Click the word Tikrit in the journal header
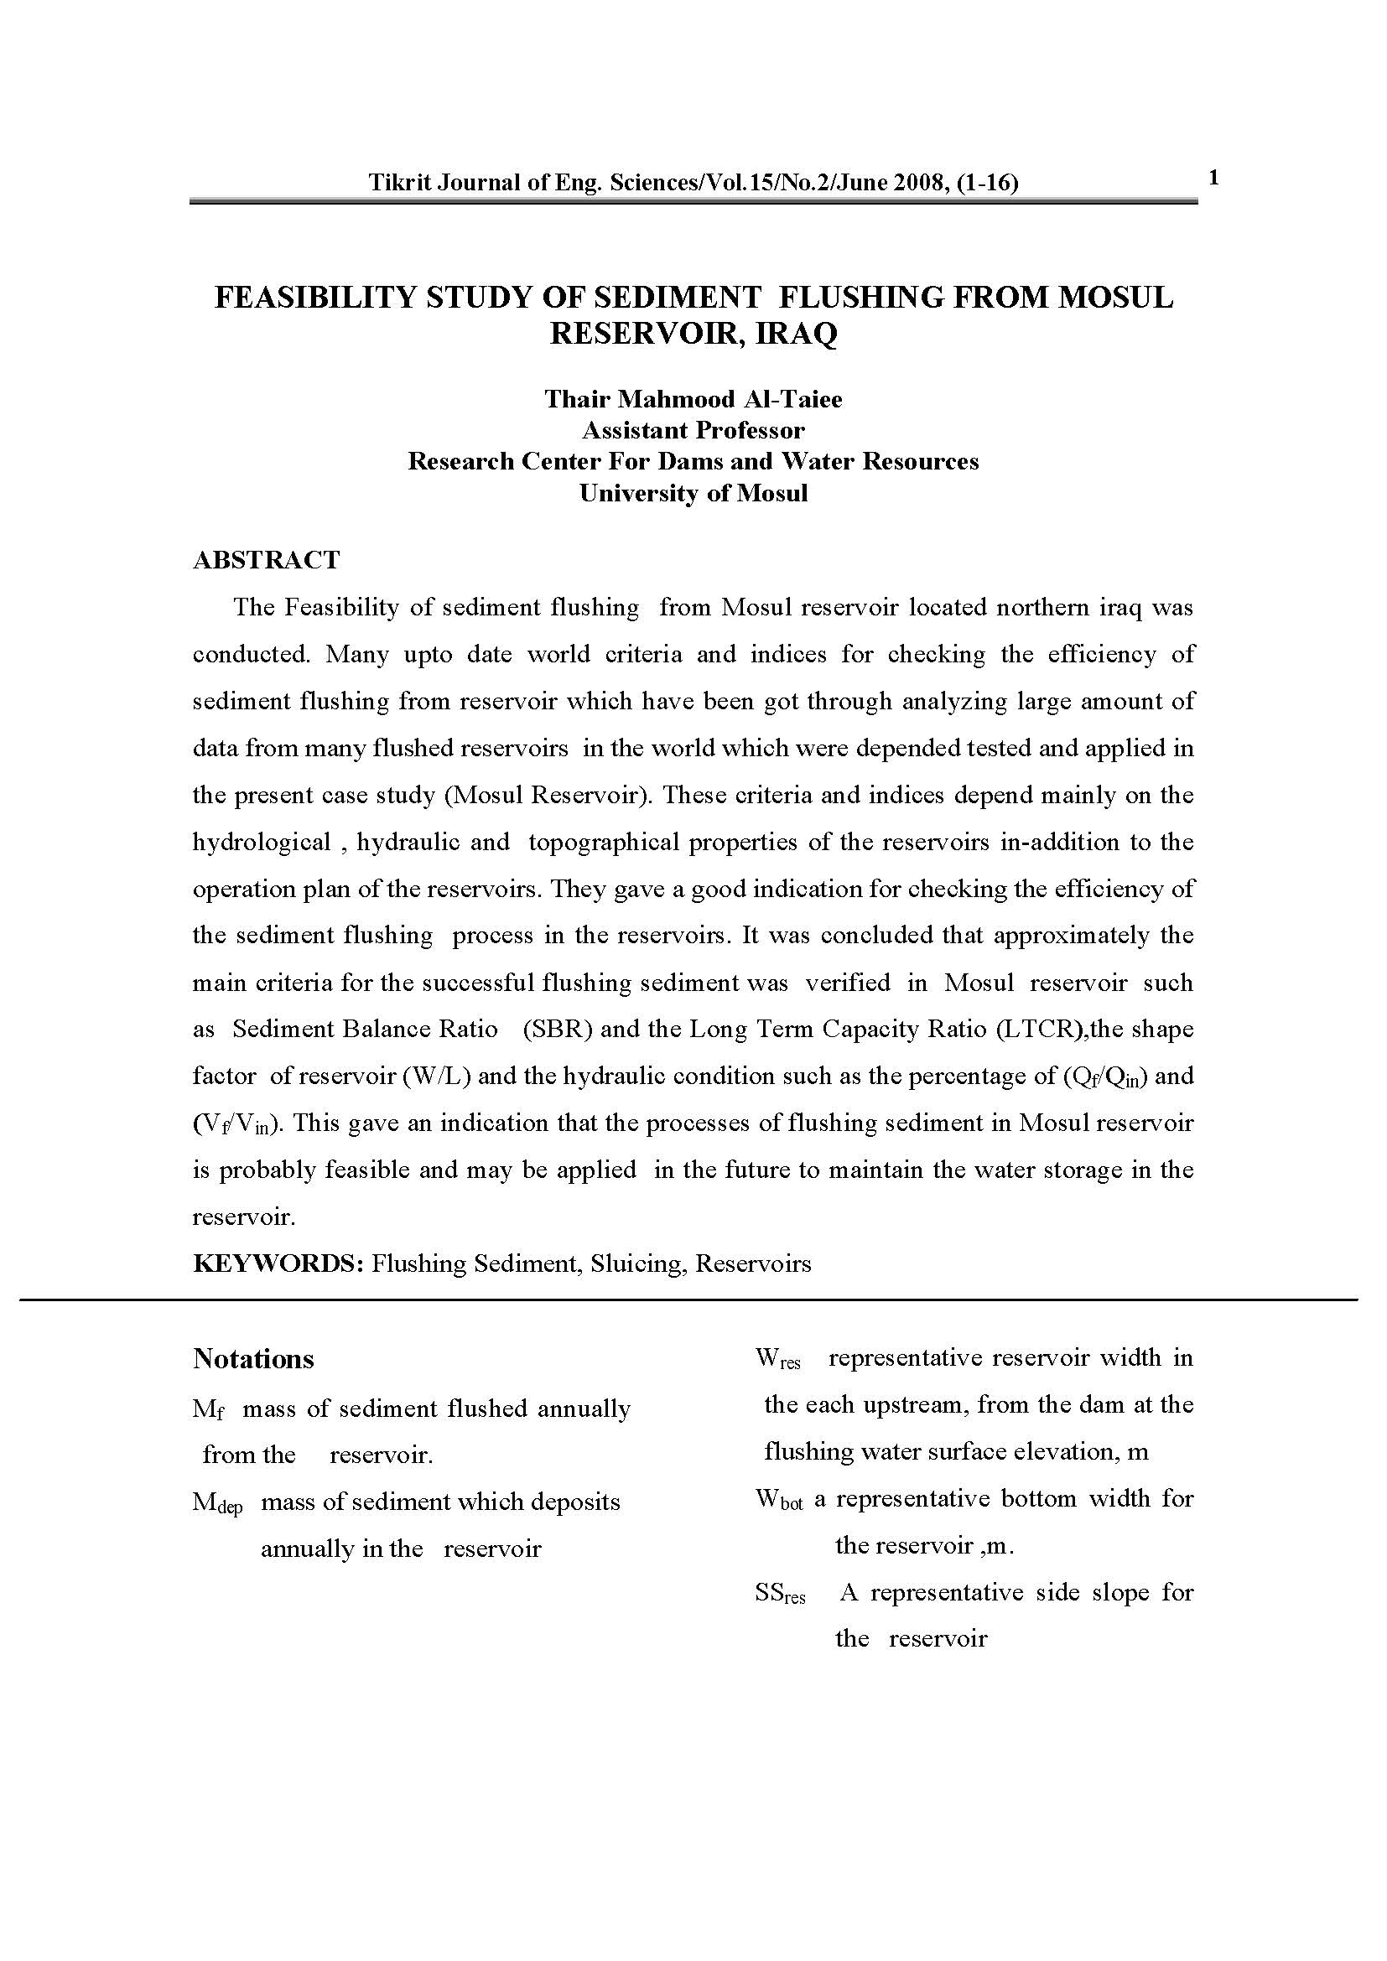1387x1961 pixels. coord(399,182)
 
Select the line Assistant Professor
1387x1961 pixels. coord(693,429)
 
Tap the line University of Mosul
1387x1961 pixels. coord(693,493)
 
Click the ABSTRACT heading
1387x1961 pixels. coord(267,559)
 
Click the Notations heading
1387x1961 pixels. coord(253,1359)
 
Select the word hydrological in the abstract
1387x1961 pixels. coord(262,842)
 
